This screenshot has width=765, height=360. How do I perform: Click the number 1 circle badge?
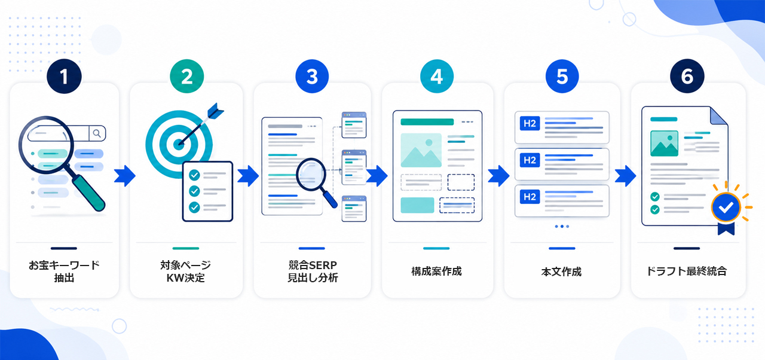coord(64,77)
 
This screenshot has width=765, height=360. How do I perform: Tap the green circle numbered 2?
coord(187,77)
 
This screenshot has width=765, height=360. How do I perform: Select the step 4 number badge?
coord(437,77)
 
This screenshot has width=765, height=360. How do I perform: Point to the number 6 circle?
coord(687,77)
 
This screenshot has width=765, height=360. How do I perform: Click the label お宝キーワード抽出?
coord(64,271)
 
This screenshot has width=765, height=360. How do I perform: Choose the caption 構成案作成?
coord(436,271)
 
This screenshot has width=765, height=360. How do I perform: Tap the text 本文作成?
coord(561,272)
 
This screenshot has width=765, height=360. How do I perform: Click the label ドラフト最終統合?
coord(687,271)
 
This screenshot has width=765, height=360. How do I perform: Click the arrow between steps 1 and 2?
coord(125,176)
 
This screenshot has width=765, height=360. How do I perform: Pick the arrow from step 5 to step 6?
coord(625,176)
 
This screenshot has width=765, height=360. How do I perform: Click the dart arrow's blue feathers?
coord(215,111)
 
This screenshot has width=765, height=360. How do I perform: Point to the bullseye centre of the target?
coord(178,145)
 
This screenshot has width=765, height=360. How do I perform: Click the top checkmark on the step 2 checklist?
coord(194,175)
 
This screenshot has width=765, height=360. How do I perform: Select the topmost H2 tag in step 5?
coord(530,123)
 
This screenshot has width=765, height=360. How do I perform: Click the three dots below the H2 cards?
coord(562,227)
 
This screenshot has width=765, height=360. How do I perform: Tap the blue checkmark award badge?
coord(726,208)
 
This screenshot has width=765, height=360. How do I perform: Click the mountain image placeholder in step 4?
coord(421,150)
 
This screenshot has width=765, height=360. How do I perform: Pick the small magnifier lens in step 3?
coord(311,175)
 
